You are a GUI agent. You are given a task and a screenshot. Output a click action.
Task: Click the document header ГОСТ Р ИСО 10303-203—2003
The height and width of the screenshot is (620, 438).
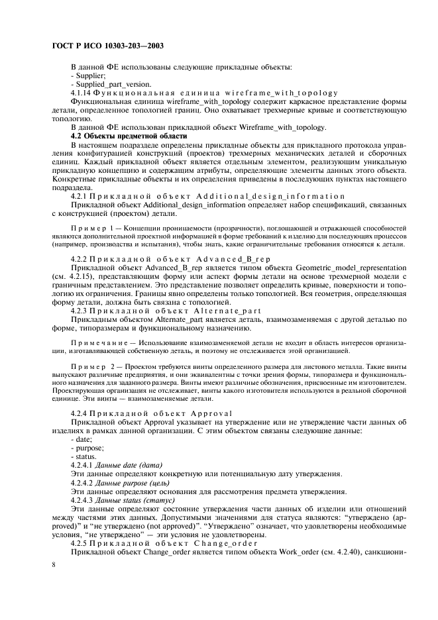coord(107,46)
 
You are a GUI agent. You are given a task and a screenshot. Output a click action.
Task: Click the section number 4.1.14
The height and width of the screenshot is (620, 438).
coord(82,93)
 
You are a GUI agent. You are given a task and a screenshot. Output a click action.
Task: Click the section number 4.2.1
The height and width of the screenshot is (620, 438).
coord(80,196)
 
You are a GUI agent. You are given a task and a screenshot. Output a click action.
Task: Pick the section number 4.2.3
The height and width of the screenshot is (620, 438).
coord(80,310)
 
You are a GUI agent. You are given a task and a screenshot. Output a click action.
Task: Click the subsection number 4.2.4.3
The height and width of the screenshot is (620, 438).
coord(83,499)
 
